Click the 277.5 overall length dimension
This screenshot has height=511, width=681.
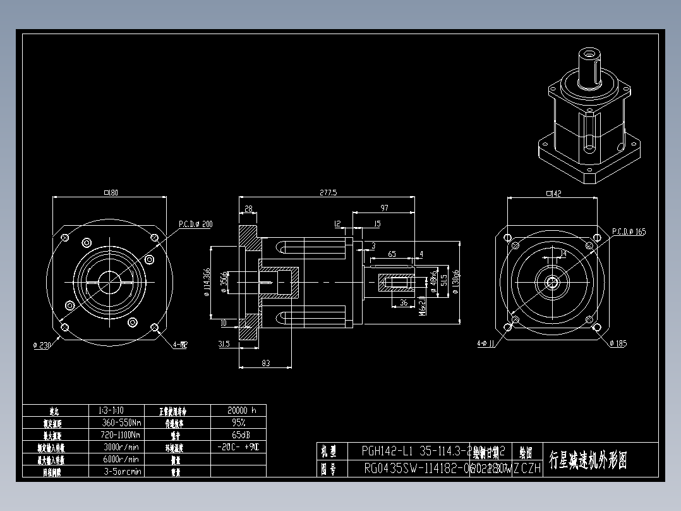click(328, 192)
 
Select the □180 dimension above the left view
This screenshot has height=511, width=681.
click(111, 192)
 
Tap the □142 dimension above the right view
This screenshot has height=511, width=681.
click(553, 194)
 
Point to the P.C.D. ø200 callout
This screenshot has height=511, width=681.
click(195, 224)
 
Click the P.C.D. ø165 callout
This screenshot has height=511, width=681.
click(629, 232)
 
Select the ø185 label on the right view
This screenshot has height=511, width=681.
click(619, 343)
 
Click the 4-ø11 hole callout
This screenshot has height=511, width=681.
click(486, 344)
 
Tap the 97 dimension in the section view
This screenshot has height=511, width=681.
click(385, 208)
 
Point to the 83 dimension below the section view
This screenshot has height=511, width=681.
click(265, 362)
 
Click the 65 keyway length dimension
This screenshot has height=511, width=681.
click(392, 254)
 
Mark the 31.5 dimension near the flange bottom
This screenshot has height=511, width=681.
click(223, 344)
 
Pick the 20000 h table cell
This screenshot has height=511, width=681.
click(238, 410)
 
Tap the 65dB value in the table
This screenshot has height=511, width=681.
click(238, 435)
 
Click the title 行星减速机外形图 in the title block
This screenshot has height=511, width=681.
click(588, 460)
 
